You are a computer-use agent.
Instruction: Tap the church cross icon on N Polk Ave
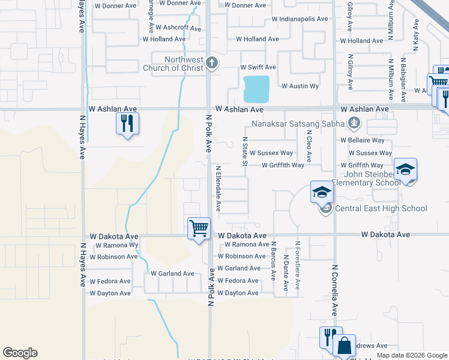pos(211,62)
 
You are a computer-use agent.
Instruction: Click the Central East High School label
pos(381,208)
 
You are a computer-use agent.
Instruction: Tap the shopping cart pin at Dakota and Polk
pos(199,229)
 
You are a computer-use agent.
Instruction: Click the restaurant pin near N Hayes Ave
pos(127,124)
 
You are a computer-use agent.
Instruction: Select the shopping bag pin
pos(344,346)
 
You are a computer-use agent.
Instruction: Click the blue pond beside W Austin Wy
pos(257,88)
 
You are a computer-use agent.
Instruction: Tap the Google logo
pos(20,353)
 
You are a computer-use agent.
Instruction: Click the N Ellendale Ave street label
pos(218,189)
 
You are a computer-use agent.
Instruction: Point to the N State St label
pos(245,151)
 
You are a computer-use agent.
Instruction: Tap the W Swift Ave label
pos(258,67)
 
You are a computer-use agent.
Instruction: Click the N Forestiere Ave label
pos(297,266)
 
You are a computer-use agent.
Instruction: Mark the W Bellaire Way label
pos(362,140)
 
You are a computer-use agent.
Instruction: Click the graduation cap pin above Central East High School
pos(322,193)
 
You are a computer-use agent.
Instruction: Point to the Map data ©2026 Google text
pos(411,355)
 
